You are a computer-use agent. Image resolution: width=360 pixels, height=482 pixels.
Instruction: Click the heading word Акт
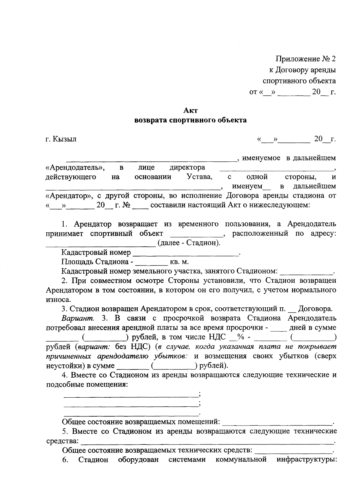click(x=191, y=111)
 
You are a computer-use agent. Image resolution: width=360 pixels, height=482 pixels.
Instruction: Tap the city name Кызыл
click(x=64, y=139)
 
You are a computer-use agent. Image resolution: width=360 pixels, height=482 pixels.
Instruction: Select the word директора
click(x=187, y=167)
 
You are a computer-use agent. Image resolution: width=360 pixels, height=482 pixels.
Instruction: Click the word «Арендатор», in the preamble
click(x=66, y=196)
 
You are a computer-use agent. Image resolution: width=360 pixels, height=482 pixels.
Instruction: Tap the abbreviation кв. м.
click(x=179, y=262)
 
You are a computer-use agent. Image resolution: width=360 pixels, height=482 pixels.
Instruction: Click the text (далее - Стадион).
click(x=188, y=243)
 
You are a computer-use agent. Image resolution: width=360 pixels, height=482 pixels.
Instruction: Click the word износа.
click(x=58, y=300)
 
